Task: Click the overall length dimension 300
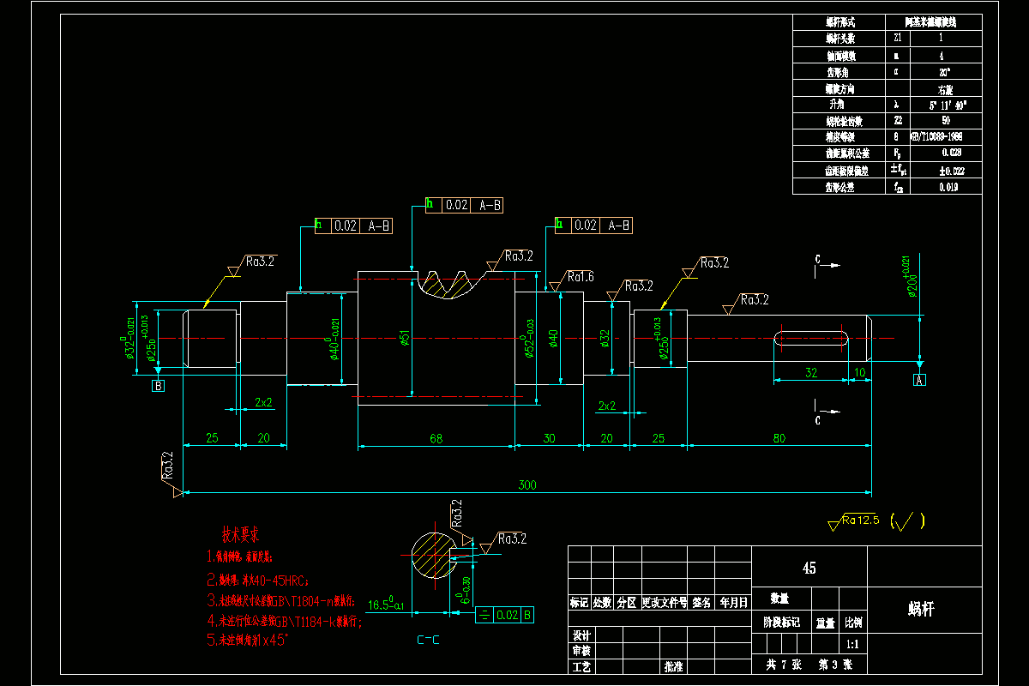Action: click(x=527, y=485)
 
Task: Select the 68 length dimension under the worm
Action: click(x=436, y=438)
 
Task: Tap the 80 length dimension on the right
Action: click(x=779, y=438)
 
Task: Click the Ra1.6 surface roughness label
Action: click(x=580, y=277)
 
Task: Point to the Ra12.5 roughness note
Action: click(x=860, y=519)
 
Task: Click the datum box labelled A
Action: click(x=920, y=380)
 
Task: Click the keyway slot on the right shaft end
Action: click(x=811, y=338)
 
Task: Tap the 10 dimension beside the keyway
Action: click(x=860, y=373)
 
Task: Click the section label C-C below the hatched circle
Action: click(x=430, y=639)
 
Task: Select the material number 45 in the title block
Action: click(x=809, y=568)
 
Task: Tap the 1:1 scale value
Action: click(x=853, y=643)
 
